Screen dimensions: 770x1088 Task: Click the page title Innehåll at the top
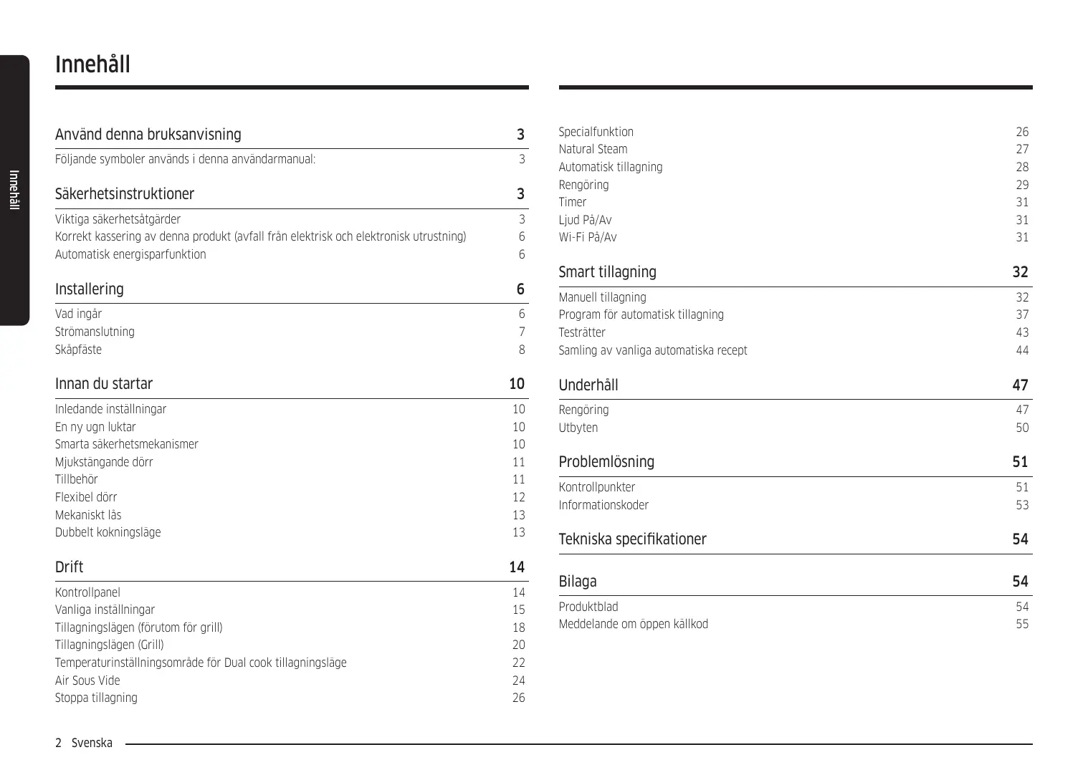pyautogui.click(x=92, y=64)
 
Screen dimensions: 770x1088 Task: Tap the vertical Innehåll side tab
pyautogui.click(x=14, y=190)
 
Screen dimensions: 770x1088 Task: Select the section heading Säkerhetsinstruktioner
pyautogui.click(x=125, y=194)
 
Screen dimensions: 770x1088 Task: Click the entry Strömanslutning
pyautogui.click(x=95, y=332)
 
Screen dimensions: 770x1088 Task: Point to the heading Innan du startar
pyautogui.click(x=104, y=384)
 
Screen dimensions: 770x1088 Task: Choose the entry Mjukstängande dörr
pyautogui.click(x=104, y=462)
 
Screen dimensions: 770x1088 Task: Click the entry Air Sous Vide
pyautogui.click(x=87, y=680)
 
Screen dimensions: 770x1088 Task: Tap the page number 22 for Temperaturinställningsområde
pyautogui.click(x=518, y=663)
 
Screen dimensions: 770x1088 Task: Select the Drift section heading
pyautogui.click(x=69, y=567)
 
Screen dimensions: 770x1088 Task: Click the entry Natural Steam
pyautogui.click(x=593, y=149)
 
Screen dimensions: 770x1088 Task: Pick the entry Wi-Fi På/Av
pyautogui.click(x=588, y=237)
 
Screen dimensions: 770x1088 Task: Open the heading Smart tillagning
pyautogui.click(x=607, y=272)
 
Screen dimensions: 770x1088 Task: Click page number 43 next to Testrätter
pyautogui.click(x=1021, y=332)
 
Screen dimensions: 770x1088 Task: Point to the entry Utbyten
pyautogui.click(x=578, y=428)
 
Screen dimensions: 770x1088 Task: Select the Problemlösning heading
pyautogui.click(x=606, y=462)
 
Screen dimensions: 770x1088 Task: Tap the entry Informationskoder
pyautogui.click(x=603, y=505)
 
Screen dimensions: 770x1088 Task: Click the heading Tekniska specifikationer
pyautogui.click(x=632, y=539)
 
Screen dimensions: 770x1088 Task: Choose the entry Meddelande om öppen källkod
pyautogui.click(x=633, y=624)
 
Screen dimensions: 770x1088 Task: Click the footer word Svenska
pyautogui.click(x=92, y=743)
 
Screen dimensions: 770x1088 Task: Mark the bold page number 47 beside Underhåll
pyautogui.click(x=1020, y=385)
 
